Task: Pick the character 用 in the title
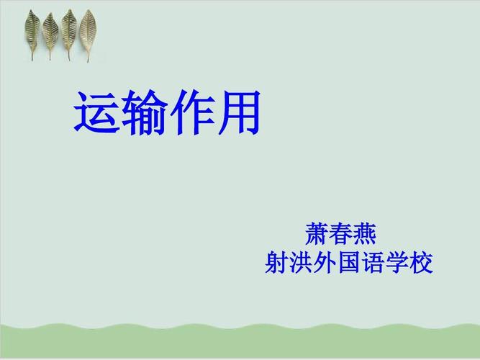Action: (237, 114)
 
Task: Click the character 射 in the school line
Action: (278, 262)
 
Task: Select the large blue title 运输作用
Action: (166, 114)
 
